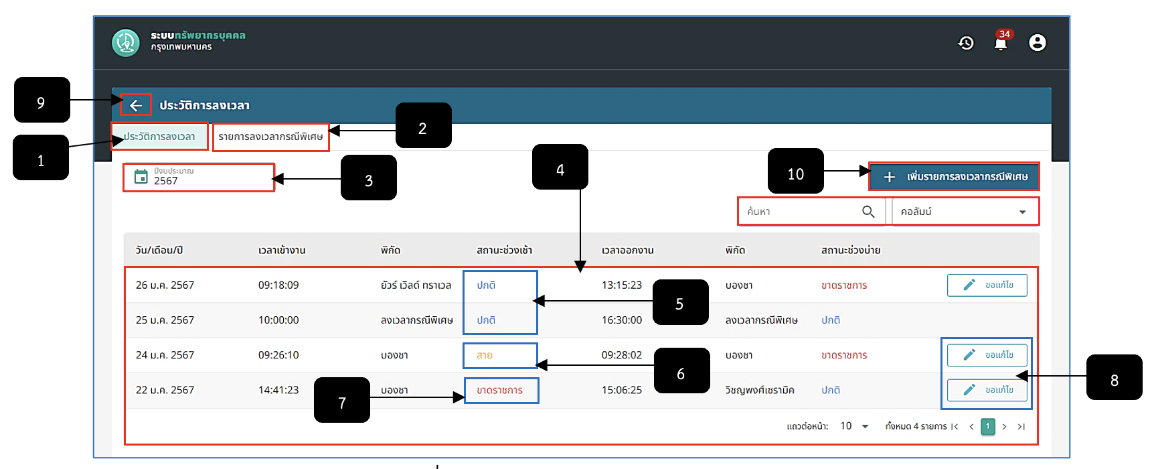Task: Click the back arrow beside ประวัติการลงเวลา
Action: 136,105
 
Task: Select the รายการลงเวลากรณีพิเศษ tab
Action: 270,137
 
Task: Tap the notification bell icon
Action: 1001,43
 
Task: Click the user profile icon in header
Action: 1037,43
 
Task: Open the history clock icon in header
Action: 966,43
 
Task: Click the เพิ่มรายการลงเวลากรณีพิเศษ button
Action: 954,176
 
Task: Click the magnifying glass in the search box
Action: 868,212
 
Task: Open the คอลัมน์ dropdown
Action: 965,212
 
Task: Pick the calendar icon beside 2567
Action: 141,176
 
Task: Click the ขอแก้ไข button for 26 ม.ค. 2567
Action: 987,285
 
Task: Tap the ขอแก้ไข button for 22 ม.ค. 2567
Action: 987,390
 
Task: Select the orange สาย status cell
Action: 485,355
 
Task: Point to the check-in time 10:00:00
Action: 278,320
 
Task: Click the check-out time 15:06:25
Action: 622,390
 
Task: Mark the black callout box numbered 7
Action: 342,400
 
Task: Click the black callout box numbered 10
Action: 796,171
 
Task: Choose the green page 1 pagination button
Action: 987,427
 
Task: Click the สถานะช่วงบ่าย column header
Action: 851,250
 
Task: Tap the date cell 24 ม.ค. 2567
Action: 165,355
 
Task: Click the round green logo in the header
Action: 126,43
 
